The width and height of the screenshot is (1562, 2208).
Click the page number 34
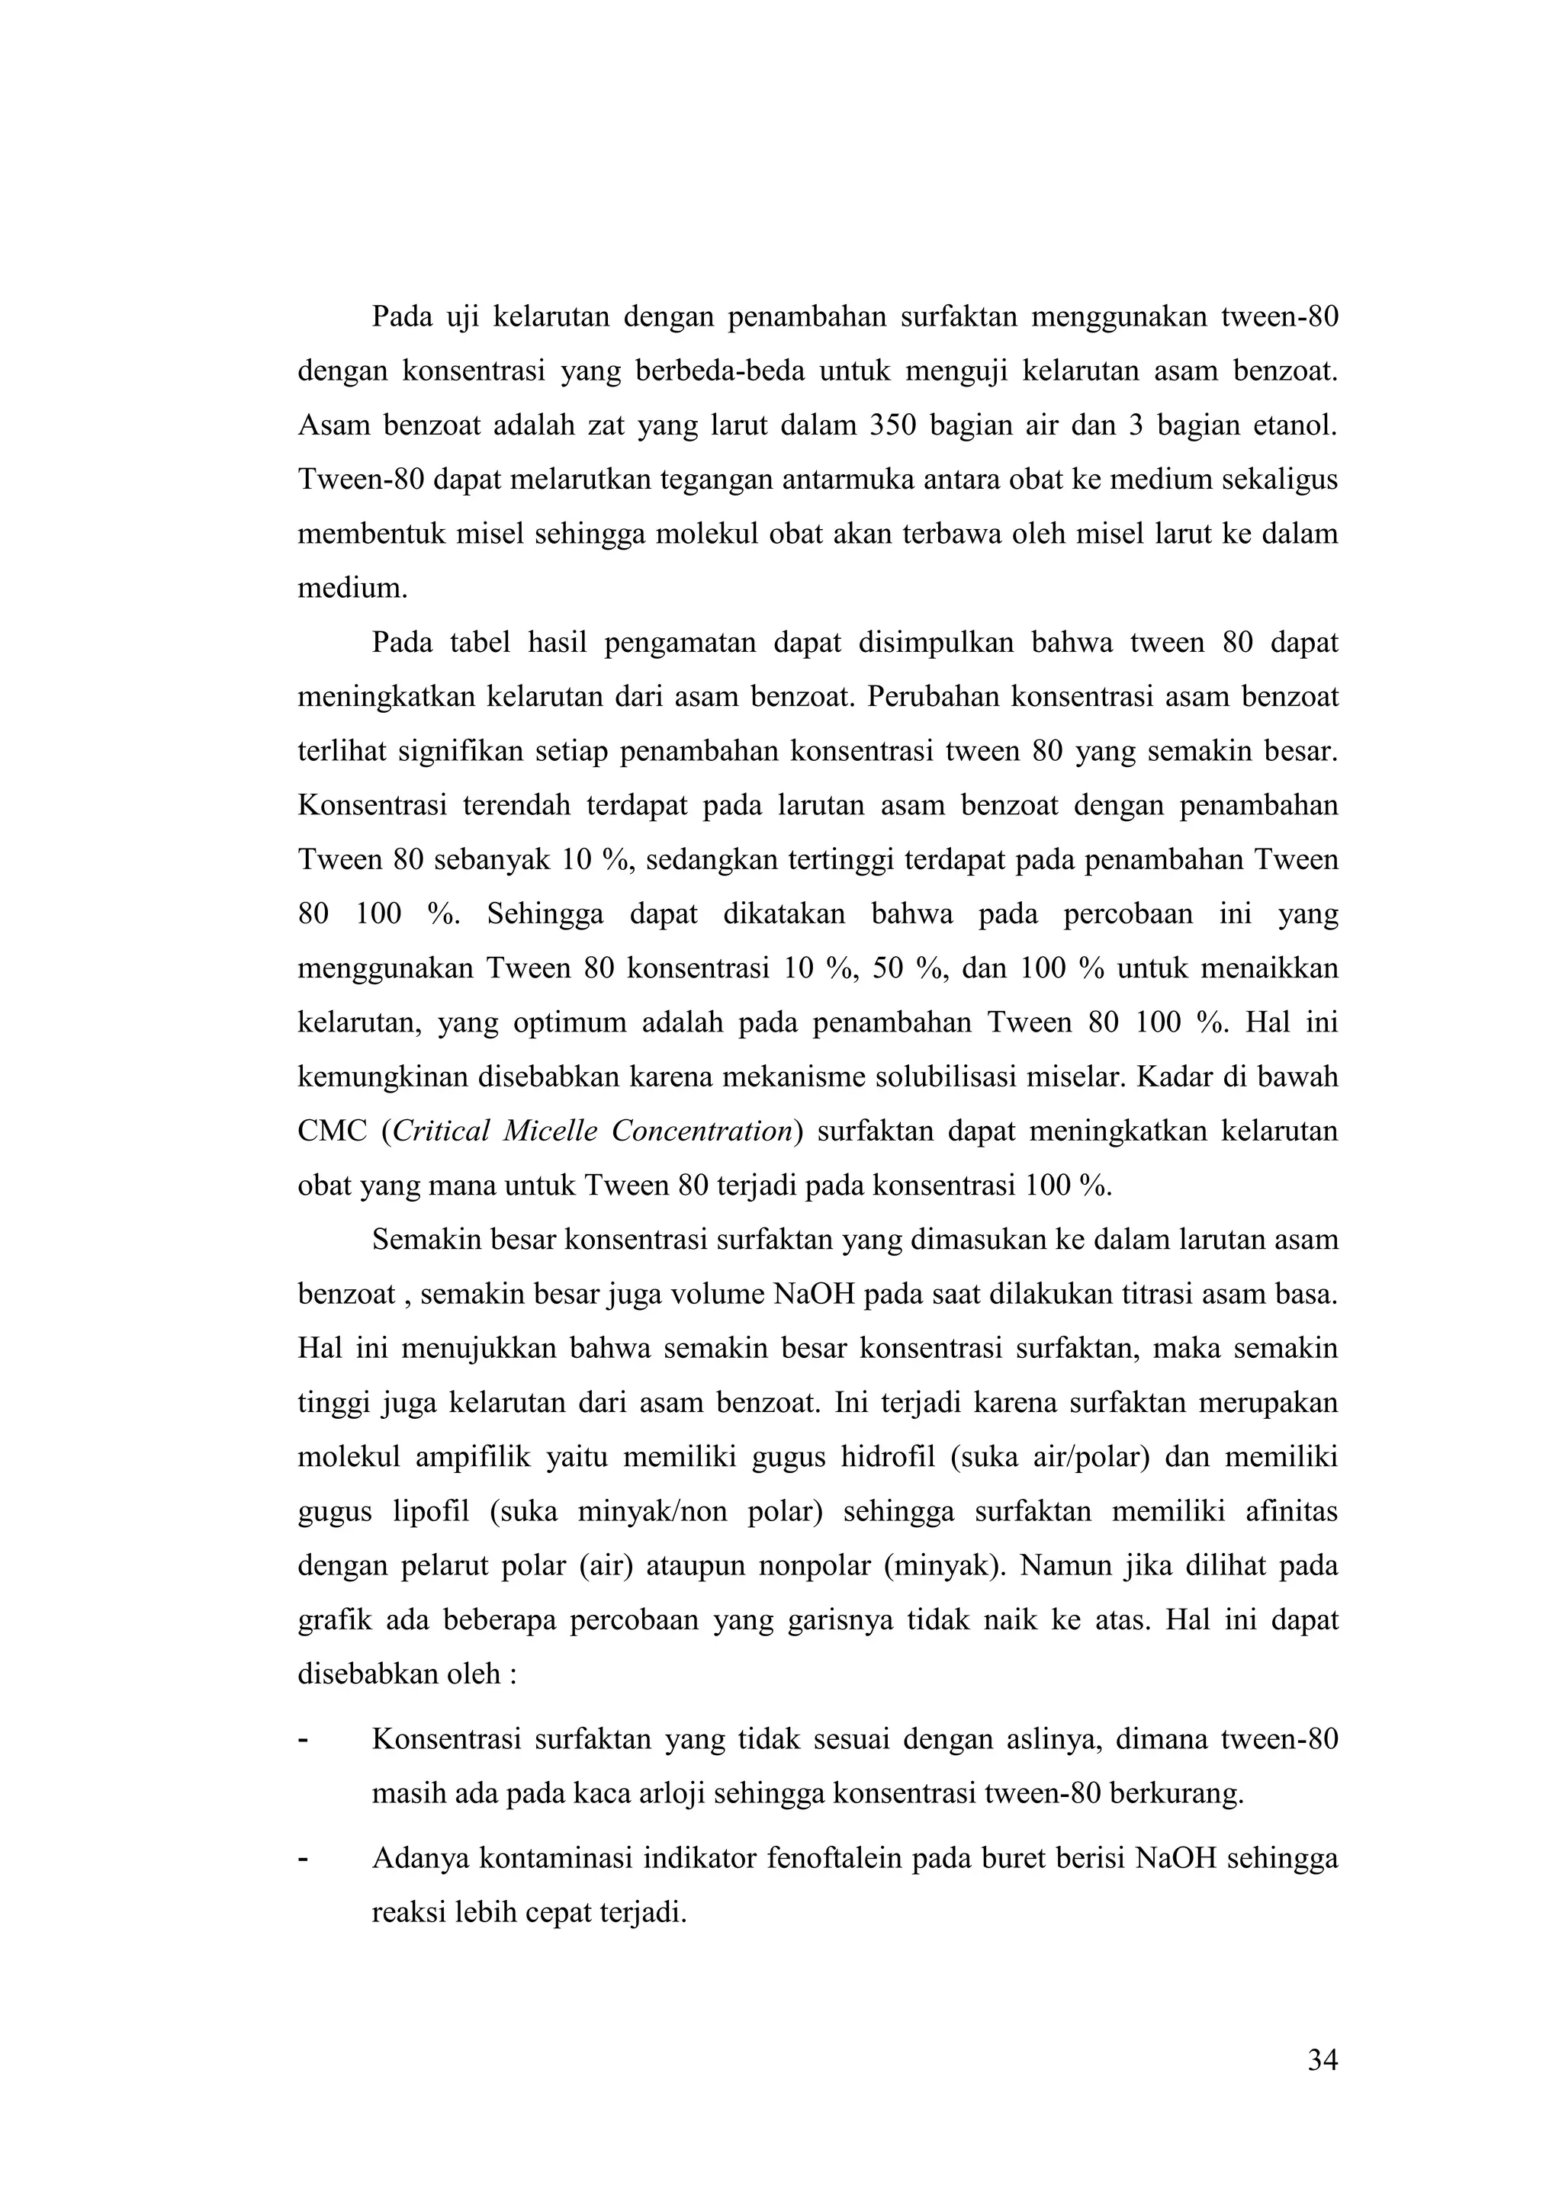click(1322, 2060)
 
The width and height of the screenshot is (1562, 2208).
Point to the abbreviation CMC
click(332, 1131)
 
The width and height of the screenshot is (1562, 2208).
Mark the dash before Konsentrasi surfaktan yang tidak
click(304, 1740)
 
